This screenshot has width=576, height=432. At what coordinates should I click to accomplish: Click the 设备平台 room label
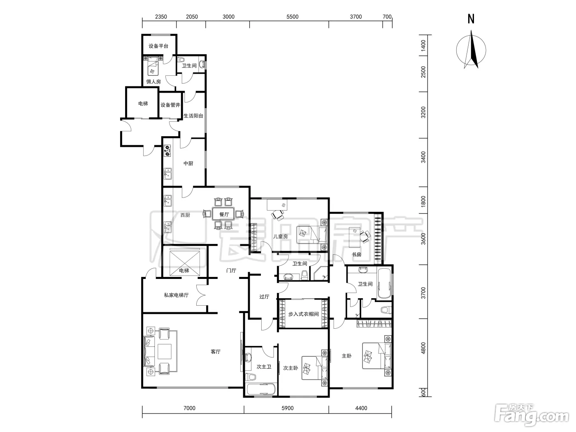pyautogui.click(x=158, y=46)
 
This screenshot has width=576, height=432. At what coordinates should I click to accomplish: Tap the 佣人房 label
pyautogui.click(x=153, y=81)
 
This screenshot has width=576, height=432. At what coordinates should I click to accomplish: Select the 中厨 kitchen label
pyautogui.click(x=188, y=163)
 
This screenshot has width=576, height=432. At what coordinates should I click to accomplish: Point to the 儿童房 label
pyautogui.click(x=281, y=236)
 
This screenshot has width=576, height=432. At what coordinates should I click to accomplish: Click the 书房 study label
pyautogui.click(x=356, y=254)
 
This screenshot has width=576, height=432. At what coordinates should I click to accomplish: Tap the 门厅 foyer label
pyautogui.click(x=231, y=270)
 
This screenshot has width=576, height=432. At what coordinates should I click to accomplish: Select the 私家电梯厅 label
pyautogui.click(x=177, y=295)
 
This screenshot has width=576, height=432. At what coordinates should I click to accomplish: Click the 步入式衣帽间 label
pyautogui.click(x=303, y=314)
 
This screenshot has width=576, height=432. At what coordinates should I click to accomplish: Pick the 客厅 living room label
pyautogui.click(x=216, y=352)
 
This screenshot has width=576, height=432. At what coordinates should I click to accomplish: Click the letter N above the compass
pyautogui.click(x=471, y=19)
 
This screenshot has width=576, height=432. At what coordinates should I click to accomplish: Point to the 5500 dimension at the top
pyautogui.click(x=293, y=17)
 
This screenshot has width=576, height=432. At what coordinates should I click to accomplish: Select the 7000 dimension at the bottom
pyautogui.click(x=190, y=408)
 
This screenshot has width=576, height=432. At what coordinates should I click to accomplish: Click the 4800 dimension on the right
pyautogui.click(x=423, y=348)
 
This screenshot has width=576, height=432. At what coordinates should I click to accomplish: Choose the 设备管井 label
pyautogui.click(x=170, y=105)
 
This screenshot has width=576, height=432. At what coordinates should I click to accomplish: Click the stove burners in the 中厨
pyautogui.click(x=167, y=151)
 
